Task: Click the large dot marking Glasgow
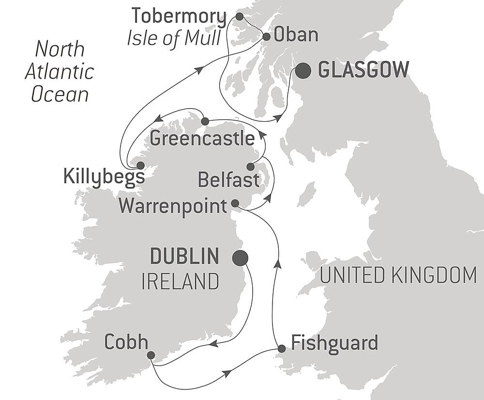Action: (303, 71)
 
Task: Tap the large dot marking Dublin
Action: (240, 258)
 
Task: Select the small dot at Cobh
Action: (151, 355)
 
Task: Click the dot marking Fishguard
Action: (281, 349)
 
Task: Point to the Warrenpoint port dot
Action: (235, 203)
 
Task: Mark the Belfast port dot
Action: (250, 167)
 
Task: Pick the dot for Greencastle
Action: (205, 121)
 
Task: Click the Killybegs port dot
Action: (140, 165)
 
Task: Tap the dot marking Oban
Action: (267, 36)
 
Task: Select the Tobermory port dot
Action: (239, 16)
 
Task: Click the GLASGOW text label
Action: (363, 71)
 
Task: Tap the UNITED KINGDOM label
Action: (398, 275)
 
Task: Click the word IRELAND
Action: (180, 281)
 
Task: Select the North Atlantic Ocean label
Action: (60, 71)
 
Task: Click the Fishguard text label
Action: (334, 343)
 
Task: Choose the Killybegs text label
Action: (104, 177)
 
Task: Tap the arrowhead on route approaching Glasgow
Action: (279, 118)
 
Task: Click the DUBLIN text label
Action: (184, 256)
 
